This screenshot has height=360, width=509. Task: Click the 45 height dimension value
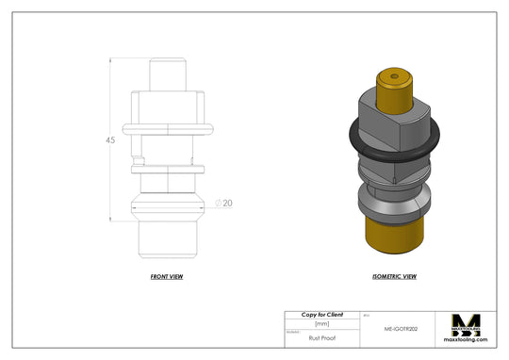(110, 140)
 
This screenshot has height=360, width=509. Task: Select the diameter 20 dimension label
(226, 203)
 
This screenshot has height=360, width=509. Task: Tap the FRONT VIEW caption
(167, 277)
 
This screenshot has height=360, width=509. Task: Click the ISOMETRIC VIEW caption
(395, 277)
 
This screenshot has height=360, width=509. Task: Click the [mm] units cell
(321, 324)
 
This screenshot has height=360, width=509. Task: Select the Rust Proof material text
(321, 335)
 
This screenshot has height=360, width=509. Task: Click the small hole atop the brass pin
(393, 74)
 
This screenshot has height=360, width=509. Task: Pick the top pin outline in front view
(167, 74)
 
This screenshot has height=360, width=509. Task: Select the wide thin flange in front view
(167, 126)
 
